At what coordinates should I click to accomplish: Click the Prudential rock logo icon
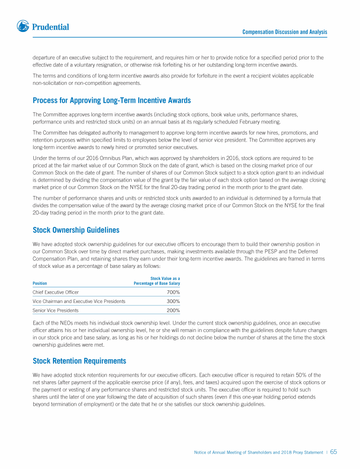(x=23, y=27)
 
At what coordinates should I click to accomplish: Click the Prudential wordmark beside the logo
(x=50, y=27)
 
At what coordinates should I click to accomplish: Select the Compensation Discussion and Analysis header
(x=285, y=32)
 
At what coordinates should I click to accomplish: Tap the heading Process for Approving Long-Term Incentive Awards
(x=112, y=100)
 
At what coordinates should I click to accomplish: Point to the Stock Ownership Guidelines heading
(x=76, y=230)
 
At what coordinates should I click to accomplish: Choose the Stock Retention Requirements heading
(x=79, y=361)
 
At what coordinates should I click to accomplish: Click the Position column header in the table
(x=40, y=283)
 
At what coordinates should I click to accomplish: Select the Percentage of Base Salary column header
(x=157, y=283)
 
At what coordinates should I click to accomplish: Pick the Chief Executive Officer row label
(x=55, y=292)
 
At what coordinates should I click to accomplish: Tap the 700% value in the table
(x=173, y=292)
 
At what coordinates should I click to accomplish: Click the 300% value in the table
(x=173, y=301)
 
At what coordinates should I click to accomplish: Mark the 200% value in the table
(x=173, y=310)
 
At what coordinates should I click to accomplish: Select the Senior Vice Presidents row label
(x=55, y=310)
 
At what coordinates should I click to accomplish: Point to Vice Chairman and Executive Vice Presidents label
(x=79, y=301)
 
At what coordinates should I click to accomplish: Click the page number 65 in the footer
(x=334, y=452)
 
